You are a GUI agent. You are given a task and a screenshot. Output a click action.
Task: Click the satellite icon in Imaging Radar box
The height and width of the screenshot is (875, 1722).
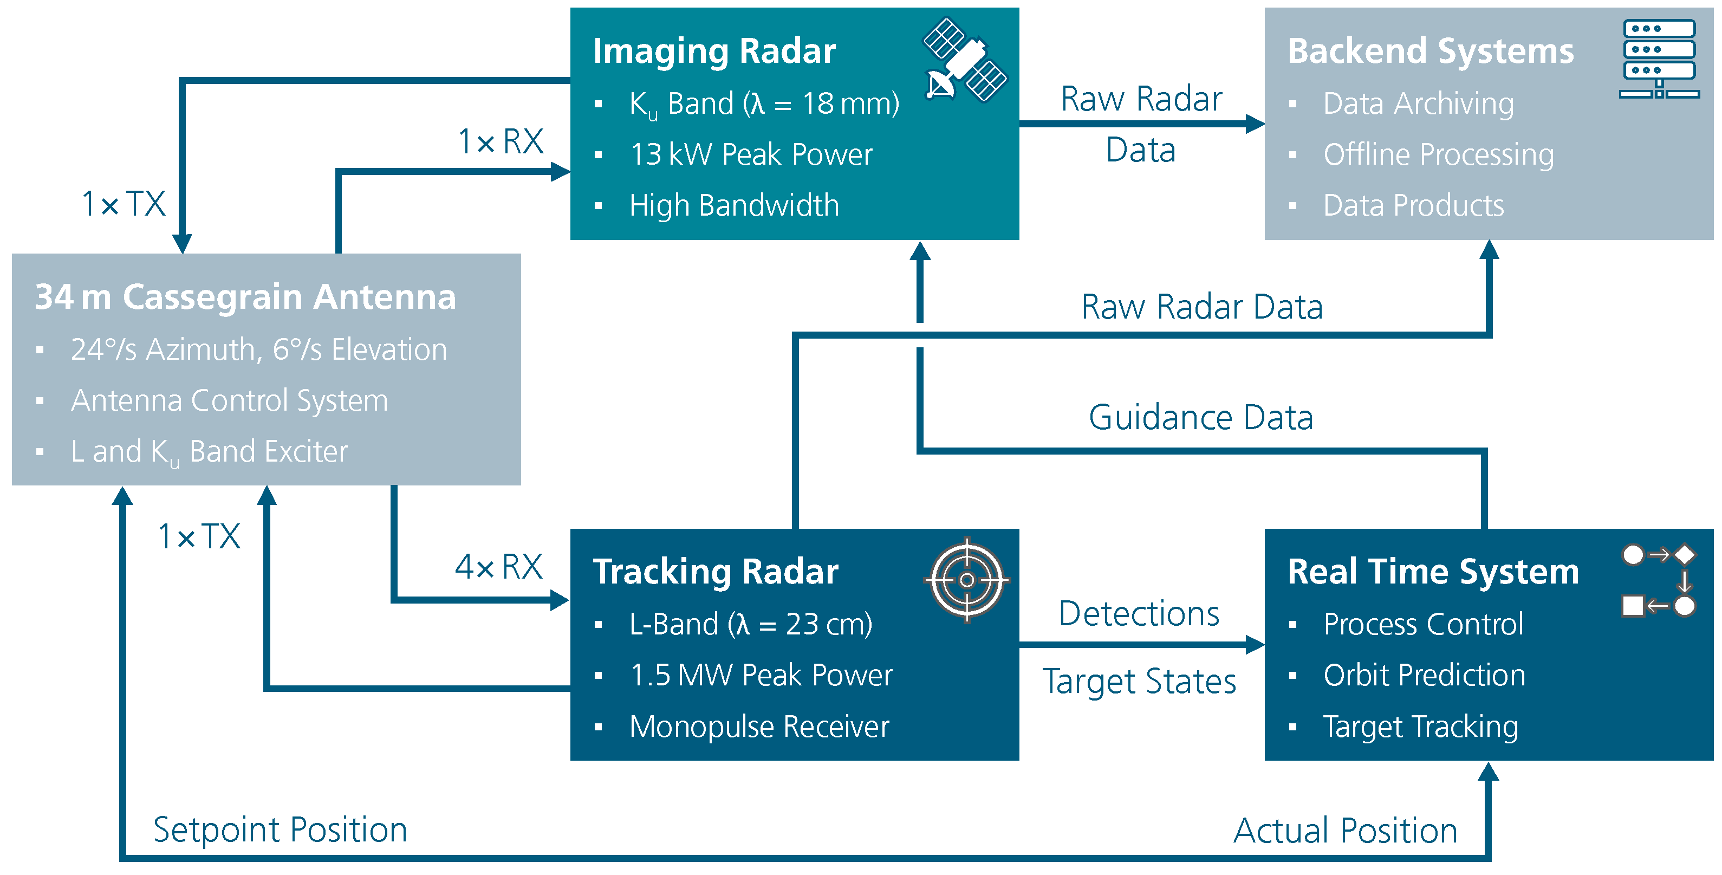(965, 60)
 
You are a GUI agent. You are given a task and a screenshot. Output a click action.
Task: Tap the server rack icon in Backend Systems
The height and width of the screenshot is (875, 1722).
(1659, 59)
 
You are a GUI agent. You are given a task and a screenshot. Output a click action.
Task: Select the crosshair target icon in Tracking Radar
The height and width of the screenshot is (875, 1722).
(966, 580)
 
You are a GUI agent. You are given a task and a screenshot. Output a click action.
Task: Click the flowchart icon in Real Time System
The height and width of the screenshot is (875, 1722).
(1658, 580)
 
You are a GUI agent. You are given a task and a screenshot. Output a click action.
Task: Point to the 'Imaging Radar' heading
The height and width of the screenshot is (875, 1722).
(714, 51)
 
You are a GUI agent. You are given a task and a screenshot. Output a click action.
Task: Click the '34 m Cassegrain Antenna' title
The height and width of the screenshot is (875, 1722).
(245, 297)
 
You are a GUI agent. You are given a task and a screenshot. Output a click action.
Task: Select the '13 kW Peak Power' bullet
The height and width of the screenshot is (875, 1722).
(751, 154)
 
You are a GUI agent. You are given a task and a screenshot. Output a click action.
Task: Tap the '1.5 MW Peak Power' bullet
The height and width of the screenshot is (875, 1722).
(761, 675)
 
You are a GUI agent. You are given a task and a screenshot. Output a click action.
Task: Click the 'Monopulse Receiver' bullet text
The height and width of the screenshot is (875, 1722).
(759, 727)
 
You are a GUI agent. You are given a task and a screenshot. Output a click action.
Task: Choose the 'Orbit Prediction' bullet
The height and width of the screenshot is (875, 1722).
(1424, 675)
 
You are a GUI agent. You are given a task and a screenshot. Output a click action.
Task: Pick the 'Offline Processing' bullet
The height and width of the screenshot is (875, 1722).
(1438, 154)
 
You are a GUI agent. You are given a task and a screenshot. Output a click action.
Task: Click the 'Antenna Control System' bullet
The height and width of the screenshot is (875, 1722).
(229, 400)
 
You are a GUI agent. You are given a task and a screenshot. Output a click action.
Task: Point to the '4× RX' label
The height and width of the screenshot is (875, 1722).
(499, 567)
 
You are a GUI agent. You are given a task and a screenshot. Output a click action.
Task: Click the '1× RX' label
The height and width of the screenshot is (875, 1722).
(501, 142)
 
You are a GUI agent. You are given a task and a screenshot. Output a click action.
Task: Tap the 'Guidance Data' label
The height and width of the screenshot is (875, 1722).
(1200, 418)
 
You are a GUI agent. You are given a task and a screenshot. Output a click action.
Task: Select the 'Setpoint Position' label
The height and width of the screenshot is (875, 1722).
(280, 830)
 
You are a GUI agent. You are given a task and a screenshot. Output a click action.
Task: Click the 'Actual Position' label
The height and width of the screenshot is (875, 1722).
(1345, 831)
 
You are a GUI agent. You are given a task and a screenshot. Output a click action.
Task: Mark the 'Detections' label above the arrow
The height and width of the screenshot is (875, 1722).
(1139, 614)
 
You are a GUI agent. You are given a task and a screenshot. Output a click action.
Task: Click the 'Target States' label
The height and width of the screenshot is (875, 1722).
(1139, 682)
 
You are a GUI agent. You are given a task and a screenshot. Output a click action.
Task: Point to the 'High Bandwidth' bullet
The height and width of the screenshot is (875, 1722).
(733, 206)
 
